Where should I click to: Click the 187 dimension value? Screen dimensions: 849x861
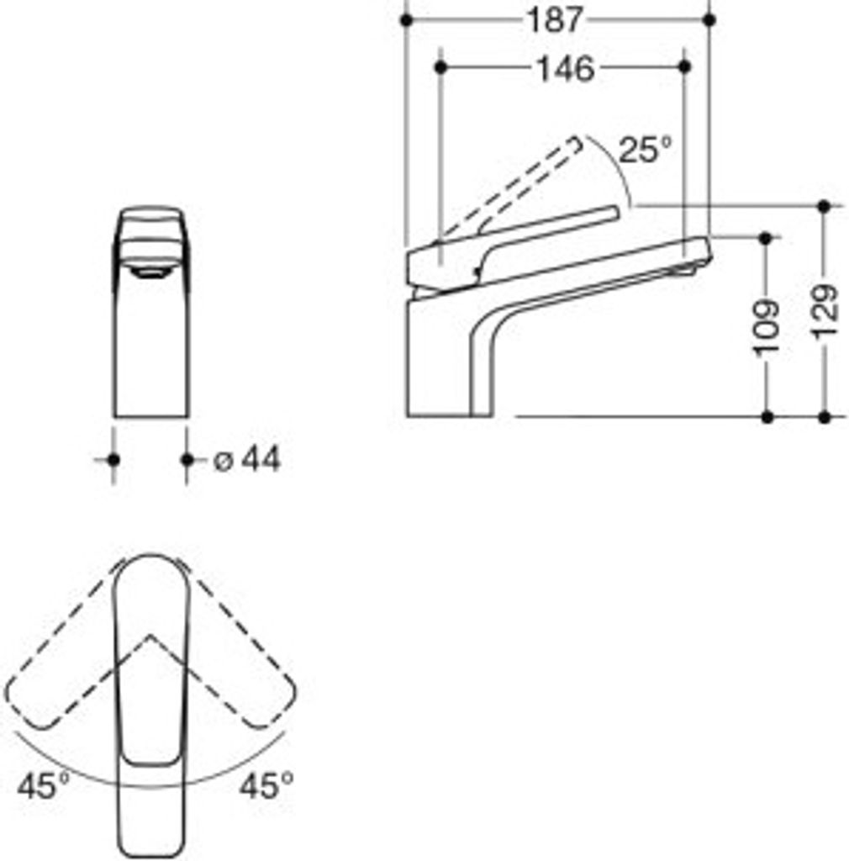coord(554,21)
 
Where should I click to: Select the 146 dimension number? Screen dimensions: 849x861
coord(565,69)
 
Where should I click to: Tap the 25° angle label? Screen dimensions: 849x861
coord(646,150)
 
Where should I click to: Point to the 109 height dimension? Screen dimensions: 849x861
coord(767,328)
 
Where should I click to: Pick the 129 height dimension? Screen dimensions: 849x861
coord(825,311)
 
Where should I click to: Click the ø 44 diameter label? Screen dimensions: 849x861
coord(247,459)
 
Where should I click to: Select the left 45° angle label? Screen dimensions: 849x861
coord(44,785)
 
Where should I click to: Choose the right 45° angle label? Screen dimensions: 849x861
coord(266,785)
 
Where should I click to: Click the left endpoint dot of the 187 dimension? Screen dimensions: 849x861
coord(406,20)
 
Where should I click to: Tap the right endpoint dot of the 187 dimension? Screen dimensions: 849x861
coord(709,20)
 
